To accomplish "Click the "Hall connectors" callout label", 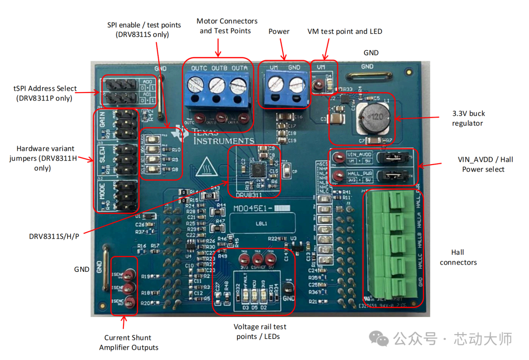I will [x=458, y=257].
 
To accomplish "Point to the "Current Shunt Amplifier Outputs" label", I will [x=129, y=342].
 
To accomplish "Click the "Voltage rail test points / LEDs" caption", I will [x=260, y=332].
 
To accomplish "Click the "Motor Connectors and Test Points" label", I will [x=227, y=26].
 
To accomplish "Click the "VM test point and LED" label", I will [x=344, y=31].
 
